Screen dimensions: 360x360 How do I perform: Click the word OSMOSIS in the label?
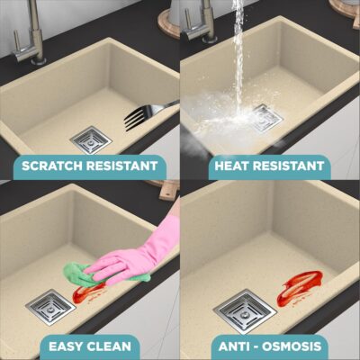pos(292,346)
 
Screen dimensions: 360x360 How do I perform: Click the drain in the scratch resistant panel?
pos(91,140)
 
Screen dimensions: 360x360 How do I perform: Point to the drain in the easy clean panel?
pos(50,307)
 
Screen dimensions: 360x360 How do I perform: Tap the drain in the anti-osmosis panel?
pos(245,312)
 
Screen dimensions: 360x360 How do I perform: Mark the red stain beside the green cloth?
pos(87,292)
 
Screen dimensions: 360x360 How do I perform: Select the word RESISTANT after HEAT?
pos(289,166)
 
